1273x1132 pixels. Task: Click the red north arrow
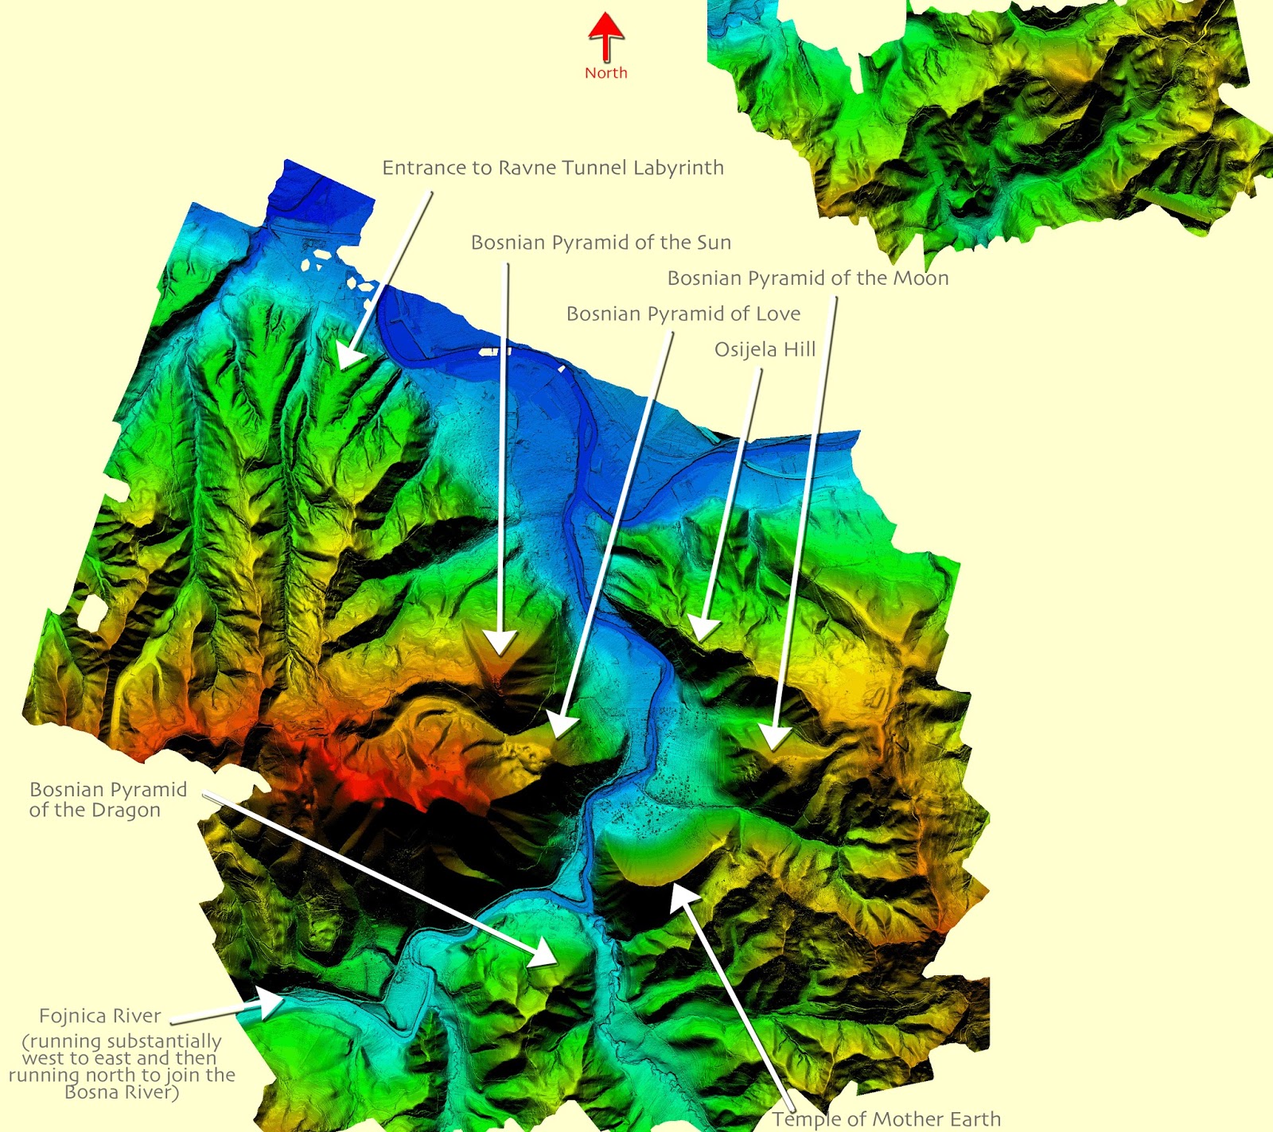coord(606,37)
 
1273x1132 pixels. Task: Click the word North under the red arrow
coord(606,73)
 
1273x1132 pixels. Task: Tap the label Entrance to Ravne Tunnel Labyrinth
coord(553,168)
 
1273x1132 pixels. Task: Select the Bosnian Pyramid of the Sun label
coord(601,243)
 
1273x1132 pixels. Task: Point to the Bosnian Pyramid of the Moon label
coord(808,278)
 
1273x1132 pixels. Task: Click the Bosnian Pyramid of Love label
coord(683,314)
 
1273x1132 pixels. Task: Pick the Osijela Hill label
coord(765,350)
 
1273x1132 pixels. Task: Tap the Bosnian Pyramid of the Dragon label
coord(107,799)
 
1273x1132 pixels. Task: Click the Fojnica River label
coord(100,1016)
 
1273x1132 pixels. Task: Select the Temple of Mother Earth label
coord(886,1119)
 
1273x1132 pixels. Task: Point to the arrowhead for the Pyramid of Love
coord(562,725)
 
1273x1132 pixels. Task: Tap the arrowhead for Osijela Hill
coord(703,629)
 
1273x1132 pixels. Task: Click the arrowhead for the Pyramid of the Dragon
coord(544,953)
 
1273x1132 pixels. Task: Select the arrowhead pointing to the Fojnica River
coord(271,1005)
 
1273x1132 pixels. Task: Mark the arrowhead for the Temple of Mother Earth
coord(681,896)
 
